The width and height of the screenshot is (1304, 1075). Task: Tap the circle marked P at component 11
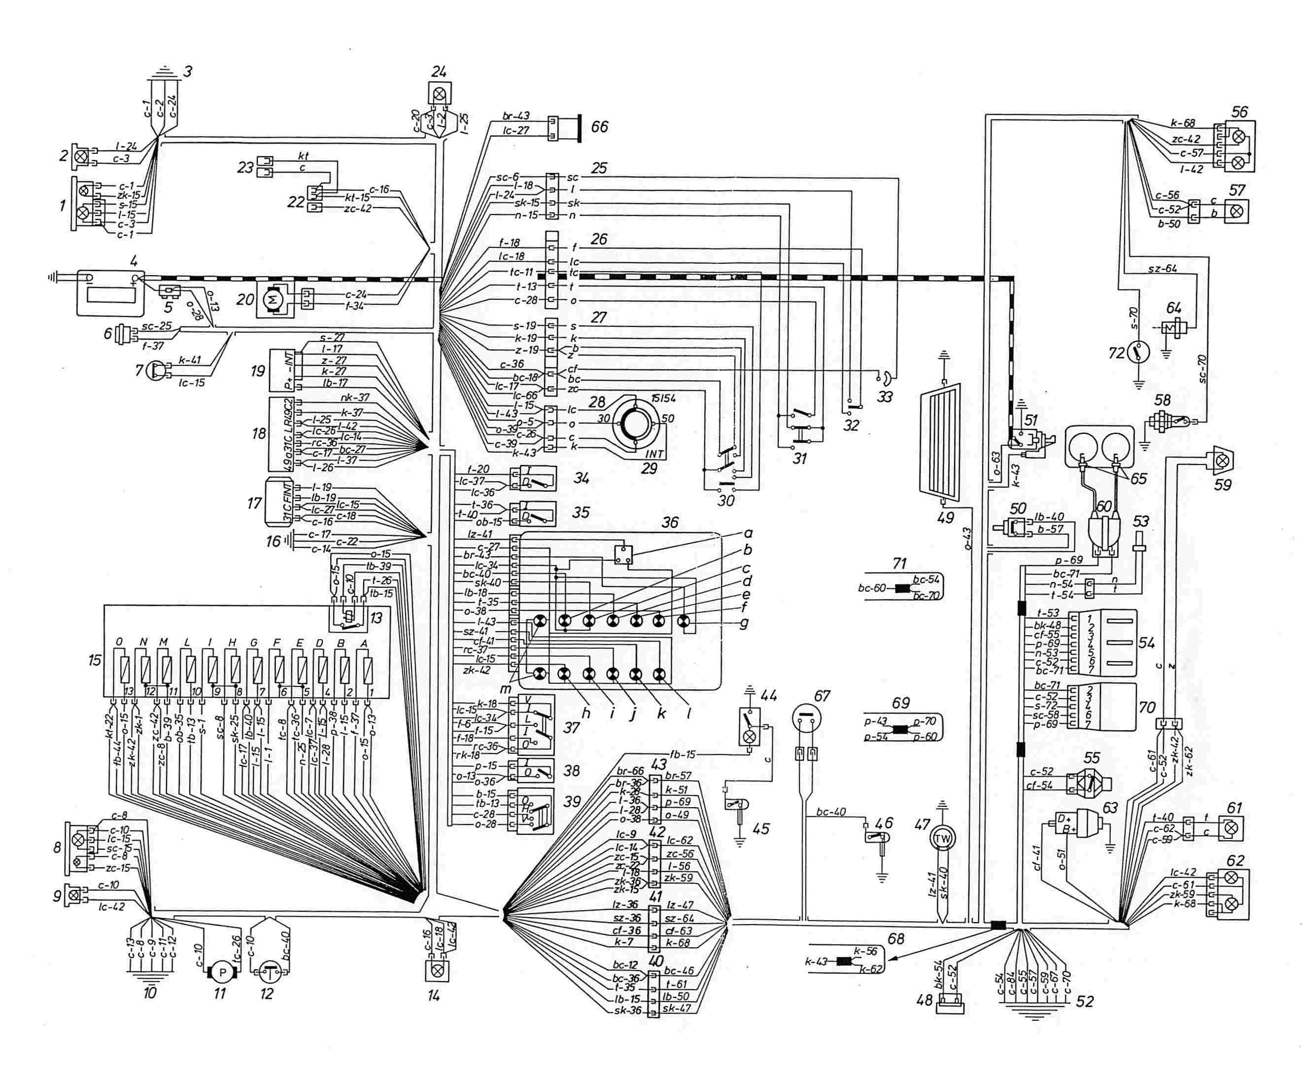click(x=222, y=973)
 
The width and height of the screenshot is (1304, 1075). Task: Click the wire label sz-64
click(x=1162, y=269)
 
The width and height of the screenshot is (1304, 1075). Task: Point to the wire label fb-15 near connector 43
click(x=683, y=754)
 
